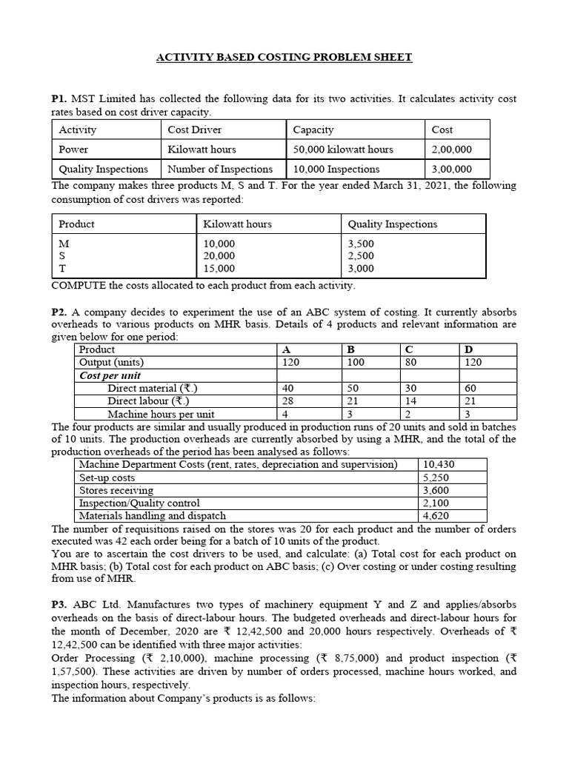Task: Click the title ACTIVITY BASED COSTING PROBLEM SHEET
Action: tap(284, 57)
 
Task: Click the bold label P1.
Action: tap(59, 98)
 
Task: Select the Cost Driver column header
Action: tap(195, 130)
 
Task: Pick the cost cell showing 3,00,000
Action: tap(451, 169)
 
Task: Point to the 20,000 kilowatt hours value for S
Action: tap(219, 255)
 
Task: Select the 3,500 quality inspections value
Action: tap(361, 243)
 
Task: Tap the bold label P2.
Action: tap(59, 312)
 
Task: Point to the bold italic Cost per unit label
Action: tap(110, 375)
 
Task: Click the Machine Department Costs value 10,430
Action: tap(439, 464)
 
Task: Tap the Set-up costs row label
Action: tap(107, 477)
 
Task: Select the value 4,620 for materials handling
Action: tap(436, 516)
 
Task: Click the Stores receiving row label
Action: tap(116, 490)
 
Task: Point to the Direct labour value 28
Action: tap(289, 400)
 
